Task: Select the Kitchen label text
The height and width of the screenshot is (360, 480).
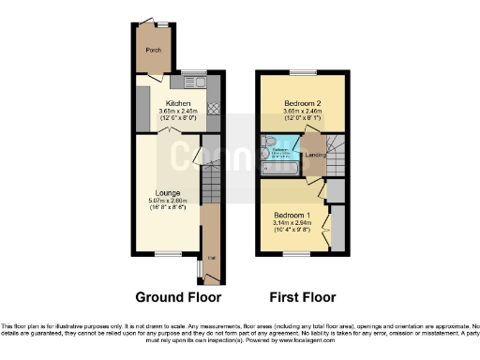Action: click(x=178, y=103)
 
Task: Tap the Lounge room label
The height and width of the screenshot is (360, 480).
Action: click(x=169, y=193)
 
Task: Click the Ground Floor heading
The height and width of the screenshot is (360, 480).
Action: click(x=178, y=297)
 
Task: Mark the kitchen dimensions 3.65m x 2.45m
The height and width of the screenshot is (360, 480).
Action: click(x=178, y=111)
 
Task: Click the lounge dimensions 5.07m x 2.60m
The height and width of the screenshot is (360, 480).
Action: click(x=169, y=201)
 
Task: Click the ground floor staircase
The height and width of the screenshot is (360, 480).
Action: click(x=211, y=178)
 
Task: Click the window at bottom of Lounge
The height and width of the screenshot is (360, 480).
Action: click(x=169, y=253)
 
